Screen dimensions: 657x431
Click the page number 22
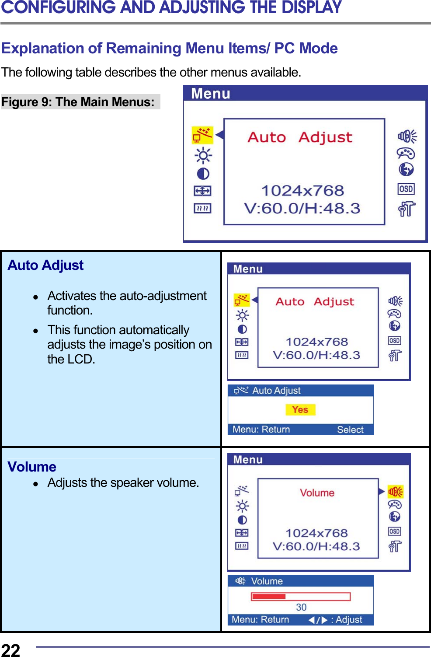[10, 650]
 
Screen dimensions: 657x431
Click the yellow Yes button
[300, 410]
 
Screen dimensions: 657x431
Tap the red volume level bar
[268, 596]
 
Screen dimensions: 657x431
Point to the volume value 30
[301, 607]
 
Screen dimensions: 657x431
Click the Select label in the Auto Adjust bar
[350, 430]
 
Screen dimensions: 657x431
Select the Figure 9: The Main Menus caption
[78, 102]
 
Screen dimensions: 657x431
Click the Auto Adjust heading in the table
[45, 266]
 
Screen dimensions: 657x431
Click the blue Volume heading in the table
[32, 467]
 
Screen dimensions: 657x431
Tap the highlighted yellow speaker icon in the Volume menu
[396, 492]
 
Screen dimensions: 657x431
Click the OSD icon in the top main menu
[406, 189]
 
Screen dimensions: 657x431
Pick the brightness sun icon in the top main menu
[203, 155]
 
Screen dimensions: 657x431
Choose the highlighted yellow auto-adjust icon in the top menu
[202, 135]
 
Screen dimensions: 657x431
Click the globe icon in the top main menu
[406, 169]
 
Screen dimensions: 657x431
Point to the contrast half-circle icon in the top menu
[203, 174]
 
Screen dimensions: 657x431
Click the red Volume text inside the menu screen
[317, 493]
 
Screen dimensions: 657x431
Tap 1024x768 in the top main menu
[302, 191]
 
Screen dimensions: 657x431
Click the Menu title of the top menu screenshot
[211, 94]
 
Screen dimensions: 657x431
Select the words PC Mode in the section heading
[306, 48]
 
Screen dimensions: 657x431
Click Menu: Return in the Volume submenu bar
[261, 619]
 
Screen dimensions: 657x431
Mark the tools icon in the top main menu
[407, 209]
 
